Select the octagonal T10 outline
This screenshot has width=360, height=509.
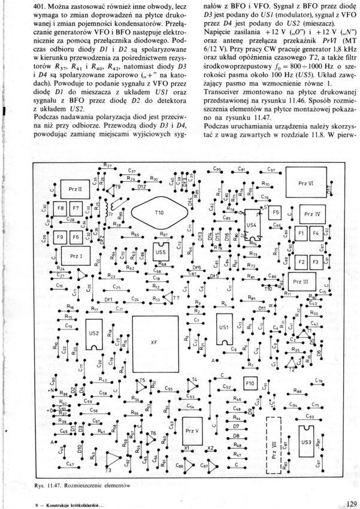click(x=159, y=213)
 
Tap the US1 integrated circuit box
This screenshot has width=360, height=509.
click(x=224, y=328)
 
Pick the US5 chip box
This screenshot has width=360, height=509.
click(x=161, y=253)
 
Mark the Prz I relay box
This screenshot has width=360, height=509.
click(x=75, y=256)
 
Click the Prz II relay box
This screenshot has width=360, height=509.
click(x=75, y=189)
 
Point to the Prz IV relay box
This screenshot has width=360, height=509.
click(x=312, y=214)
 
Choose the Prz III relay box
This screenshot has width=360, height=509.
click(x=301, y=281)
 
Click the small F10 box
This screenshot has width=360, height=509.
click(x=250, y=382)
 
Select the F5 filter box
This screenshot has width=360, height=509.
click(x=275, y=213)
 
